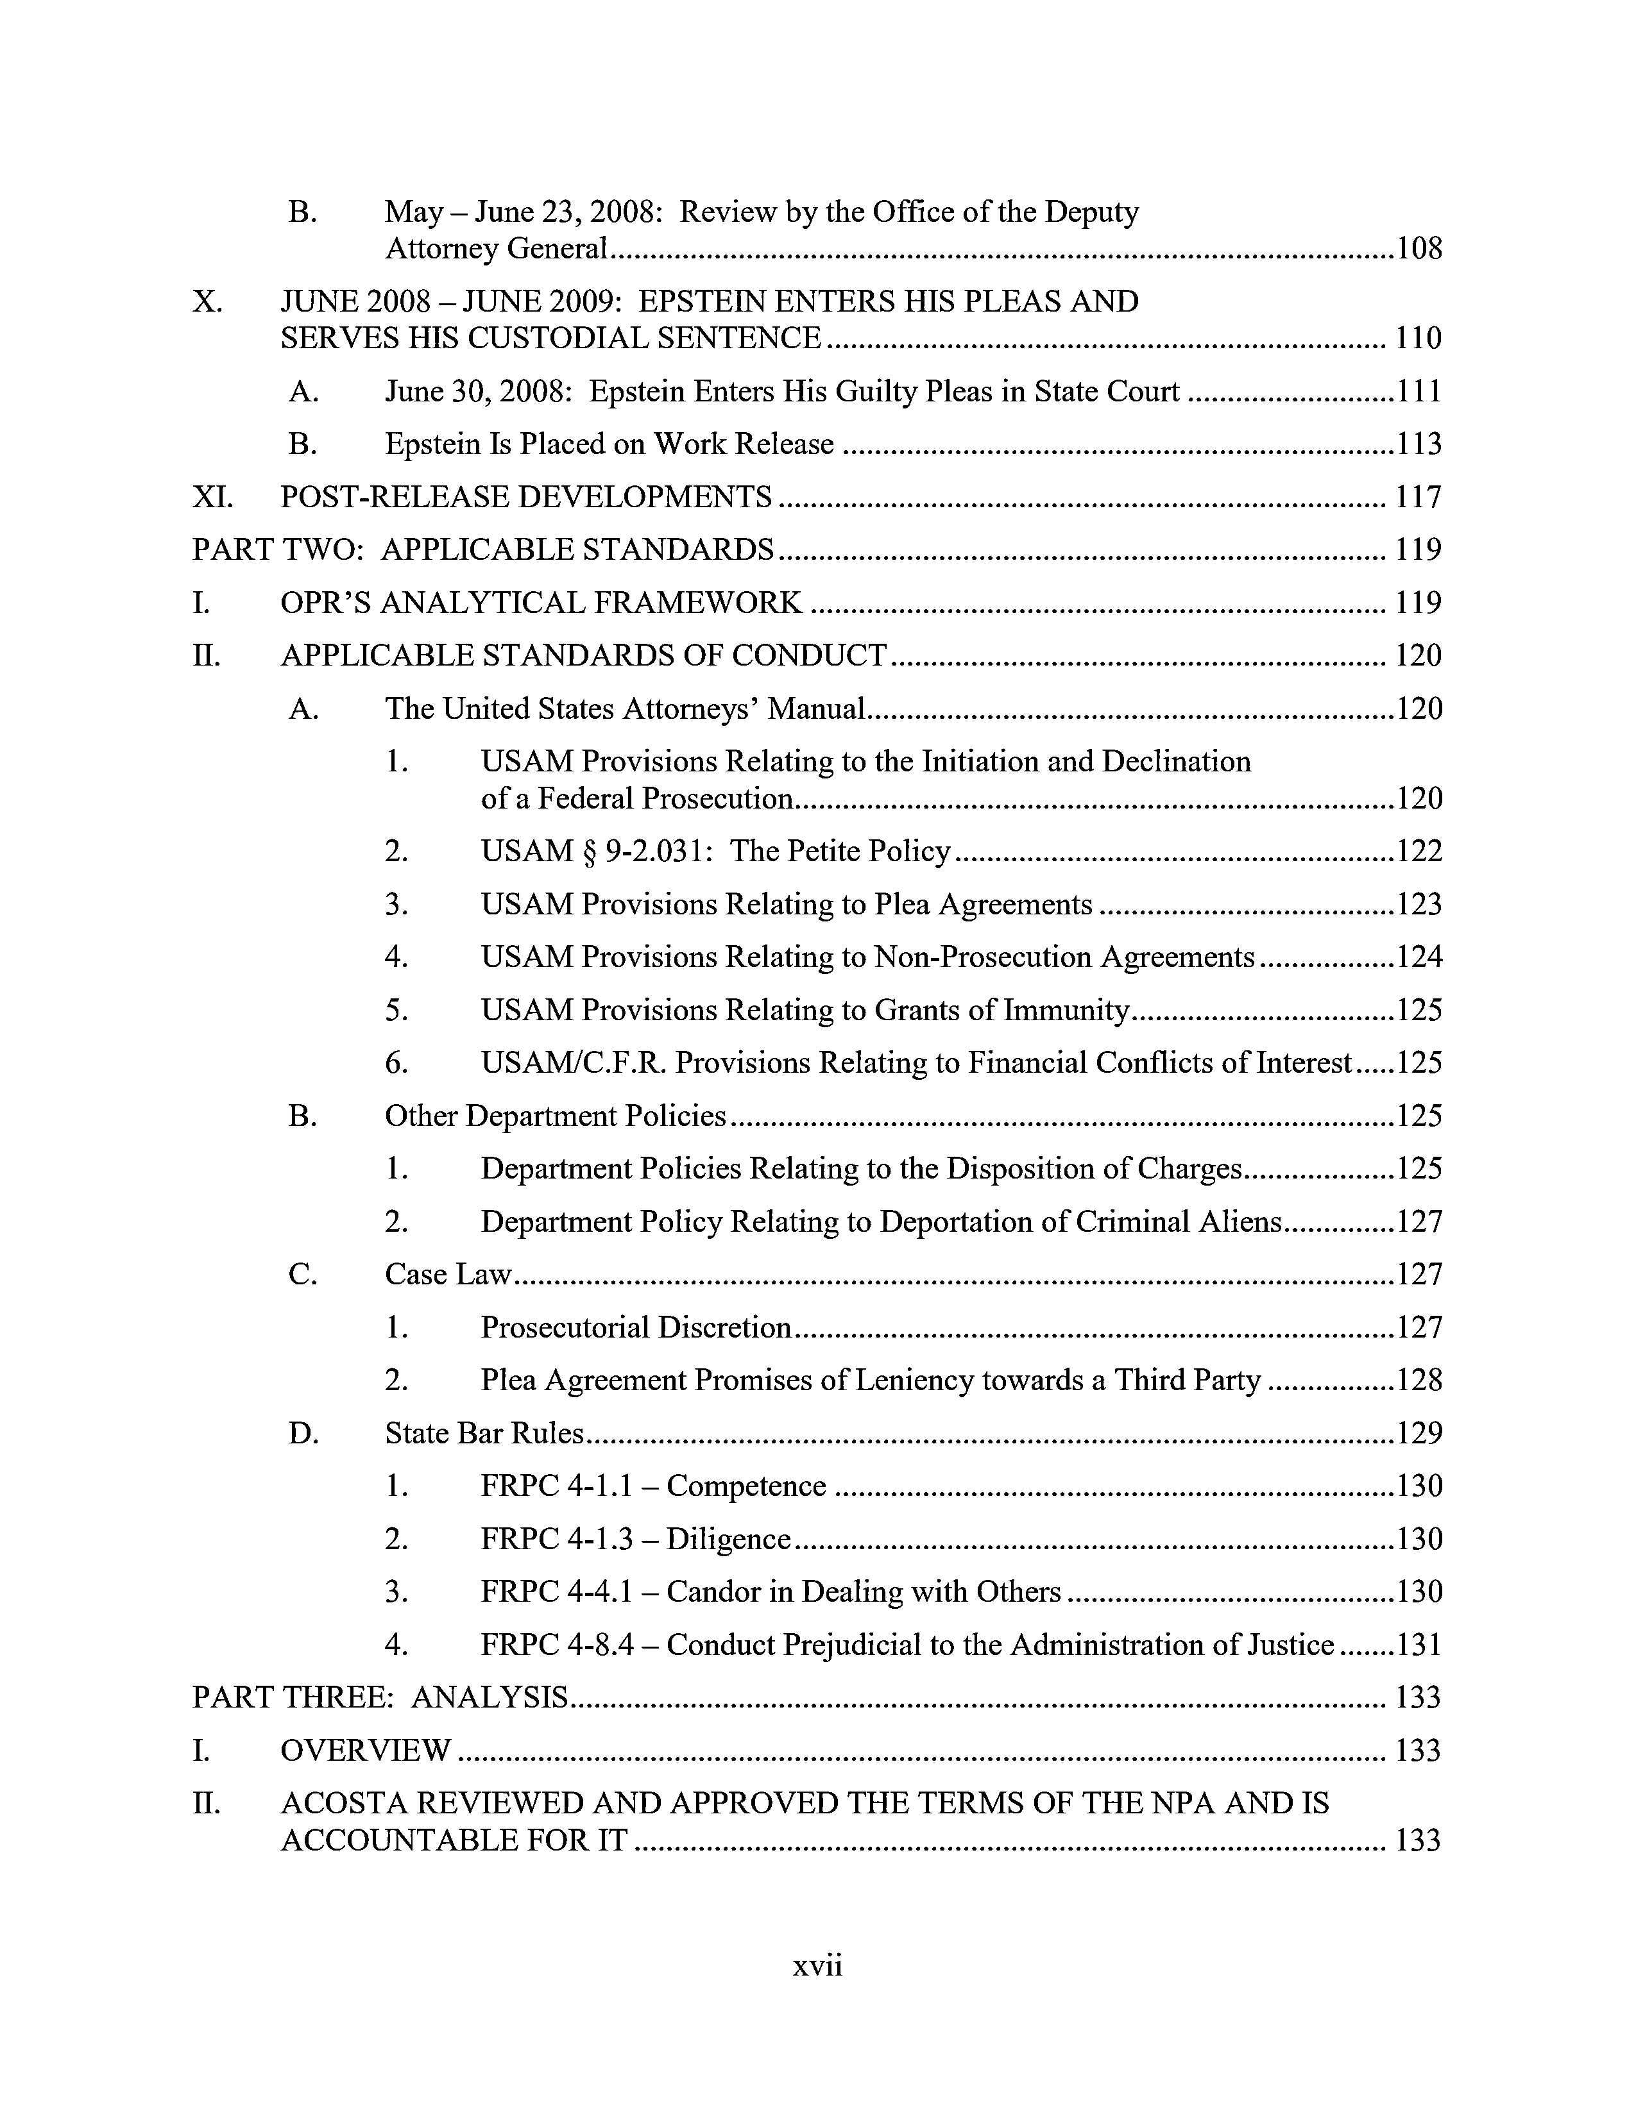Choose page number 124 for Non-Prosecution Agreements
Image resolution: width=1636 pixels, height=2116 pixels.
pyautogui.click(x=1419, y=957)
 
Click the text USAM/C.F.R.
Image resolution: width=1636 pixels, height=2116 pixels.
pyautogui.click(x=574, y=1063)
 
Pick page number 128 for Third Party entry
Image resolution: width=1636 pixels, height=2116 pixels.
pyautogui.click(x=1419, y=1380)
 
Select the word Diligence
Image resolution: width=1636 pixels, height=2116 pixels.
pyautogui.click(x=729, y=1540)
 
